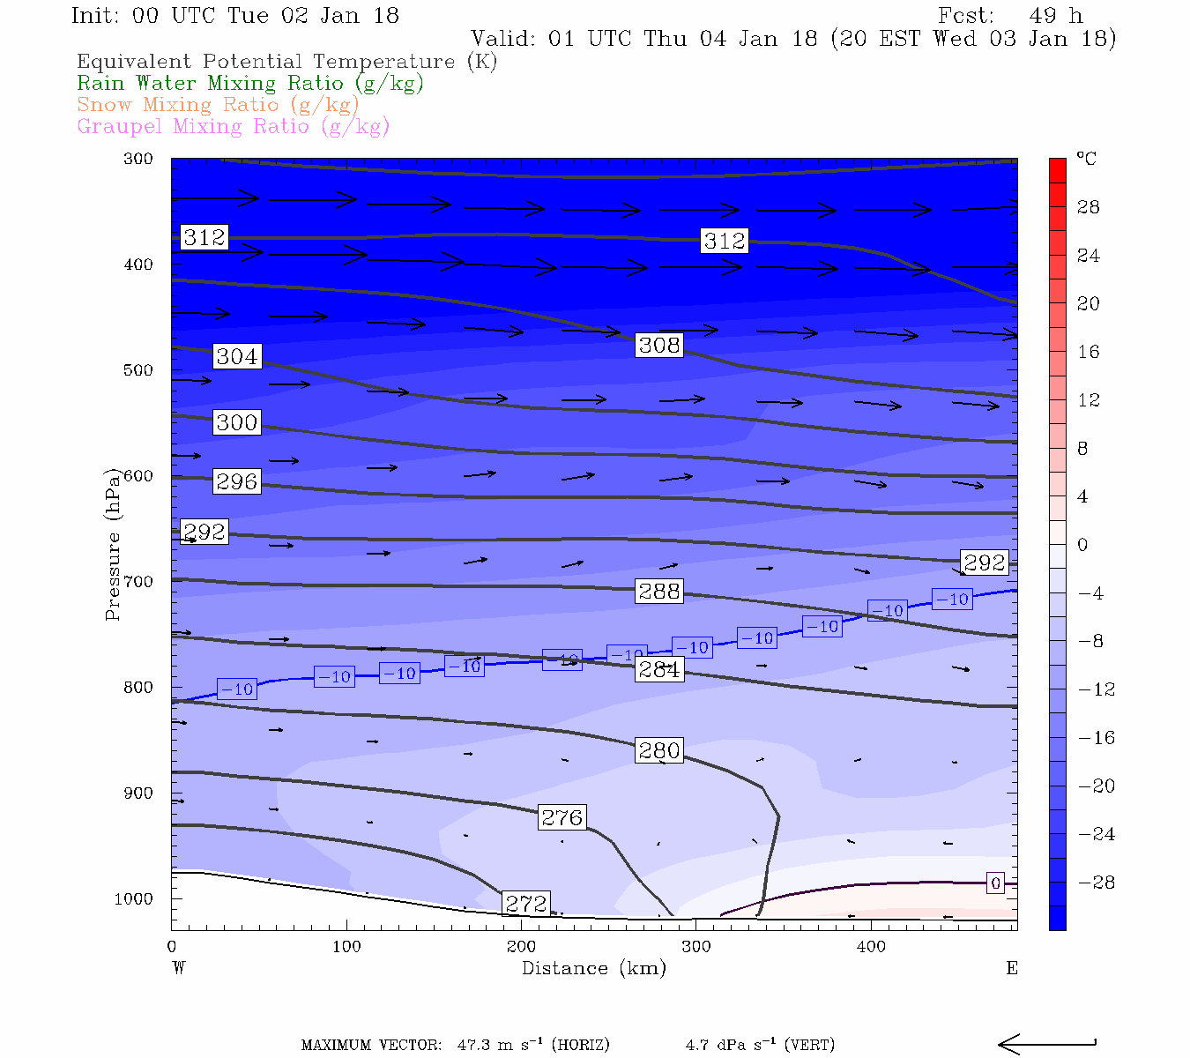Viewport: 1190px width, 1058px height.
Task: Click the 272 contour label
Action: click(526, 904)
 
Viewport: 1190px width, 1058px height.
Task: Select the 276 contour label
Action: click(562, 818)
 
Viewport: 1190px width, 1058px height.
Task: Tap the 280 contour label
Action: click(659, 750)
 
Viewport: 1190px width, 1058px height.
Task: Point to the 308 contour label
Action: click(659, 345)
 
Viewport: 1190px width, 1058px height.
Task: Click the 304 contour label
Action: click(237, 356)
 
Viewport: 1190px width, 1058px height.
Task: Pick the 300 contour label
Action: click(237, 422)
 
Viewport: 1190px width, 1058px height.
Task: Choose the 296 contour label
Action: click(237, 481)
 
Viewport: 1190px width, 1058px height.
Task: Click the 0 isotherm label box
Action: click(995, 883)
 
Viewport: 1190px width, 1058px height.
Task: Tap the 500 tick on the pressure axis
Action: click(138, 370)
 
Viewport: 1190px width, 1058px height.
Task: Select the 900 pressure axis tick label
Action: click(138, 793)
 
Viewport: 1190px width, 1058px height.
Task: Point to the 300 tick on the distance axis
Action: click(695, 947)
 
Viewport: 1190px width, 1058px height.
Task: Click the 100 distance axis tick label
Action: click(346, 947)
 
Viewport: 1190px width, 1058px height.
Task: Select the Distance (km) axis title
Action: click(593, 968)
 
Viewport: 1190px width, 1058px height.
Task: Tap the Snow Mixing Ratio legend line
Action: click(218, 105)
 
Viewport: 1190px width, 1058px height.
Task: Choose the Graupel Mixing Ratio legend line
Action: click(233, 126)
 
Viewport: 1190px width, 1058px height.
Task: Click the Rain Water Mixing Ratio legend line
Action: click(250, 84)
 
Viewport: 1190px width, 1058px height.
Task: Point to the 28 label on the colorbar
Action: click(1089, 207)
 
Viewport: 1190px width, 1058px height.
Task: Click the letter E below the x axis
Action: click(1012, 968)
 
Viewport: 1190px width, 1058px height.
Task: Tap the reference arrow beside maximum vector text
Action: click(1046, 1045)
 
